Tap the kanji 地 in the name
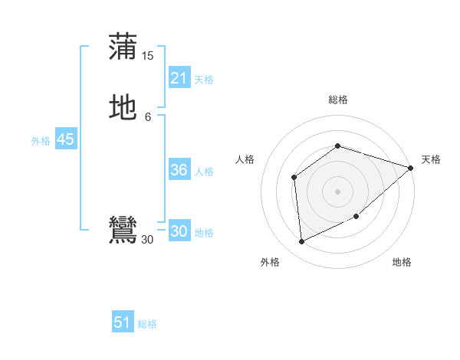click(x=123, y=108)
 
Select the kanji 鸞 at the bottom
click(x=123, y=231)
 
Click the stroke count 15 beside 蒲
click(x=148, y=55)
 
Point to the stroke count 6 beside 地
click(x=148, y=116)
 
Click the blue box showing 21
click(x=179, y=78)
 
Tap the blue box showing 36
click(x=179, y=170)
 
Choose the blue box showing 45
click(x=65, y=139)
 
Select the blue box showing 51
click(x=123, y=322)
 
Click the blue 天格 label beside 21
click(x=204, y=80)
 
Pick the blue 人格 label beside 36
click(x=205, y=172)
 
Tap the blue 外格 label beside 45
click(x=41, y=141)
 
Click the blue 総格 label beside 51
click(x=147, y=324)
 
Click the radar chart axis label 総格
click(x=337, y=100)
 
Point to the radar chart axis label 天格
click(x=431, y=159)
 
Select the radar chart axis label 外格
click(x=270, y=263)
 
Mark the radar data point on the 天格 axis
click(x=410, y=168)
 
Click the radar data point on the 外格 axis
click(x=302, y=241)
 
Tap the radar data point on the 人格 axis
click(x=294, y=178)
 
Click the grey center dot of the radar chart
click(x=337, y=191)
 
